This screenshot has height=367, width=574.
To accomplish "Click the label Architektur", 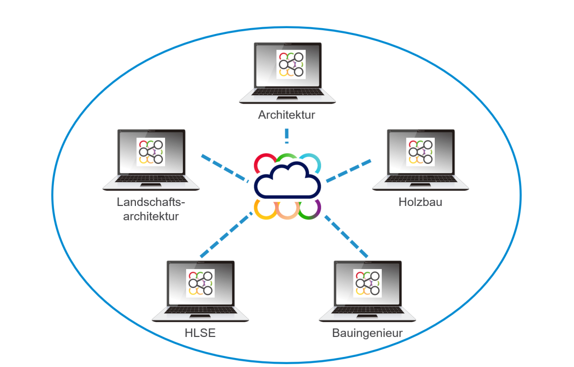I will pyautogui.click(x=287, y=115).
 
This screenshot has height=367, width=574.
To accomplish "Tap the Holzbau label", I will pyautogui.click(x=420, y=202).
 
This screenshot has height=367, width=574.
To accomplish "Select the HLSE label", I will pyautogui.click(x=200, y=333).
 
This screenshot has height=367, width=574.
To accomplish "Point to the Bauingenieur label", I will pyautogui.click(x=367, y=333).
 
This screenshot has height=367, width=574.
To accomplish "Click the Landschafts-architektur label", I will pyautogui.click(x=151, y=209).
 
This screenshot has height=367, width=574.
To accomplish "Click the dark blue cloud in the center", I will pyautogui.click(x=287, y=181).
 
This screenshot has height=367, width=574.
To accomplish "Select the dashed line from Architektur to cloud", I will pyautogui.click(x=287, y=136).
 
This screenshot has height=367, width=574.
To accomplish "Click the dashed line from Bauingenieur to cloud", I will pyautogui.click(x=346, y=236).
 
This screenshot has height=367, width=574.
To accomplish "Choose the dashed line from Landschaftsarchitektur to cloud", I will pyautogui.click(x=225, y=168).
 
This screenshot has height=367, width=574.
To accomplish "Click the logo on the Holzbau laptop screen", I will pyautogui.click(x=420, y=151).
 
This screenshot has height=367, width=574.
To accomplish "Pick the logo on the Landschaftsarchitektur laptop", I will pyautogui.click(x=151, y=151).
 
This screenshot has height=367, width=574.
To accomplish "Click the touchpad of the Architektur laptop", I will pyautogui.click(x=287, y=98).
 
